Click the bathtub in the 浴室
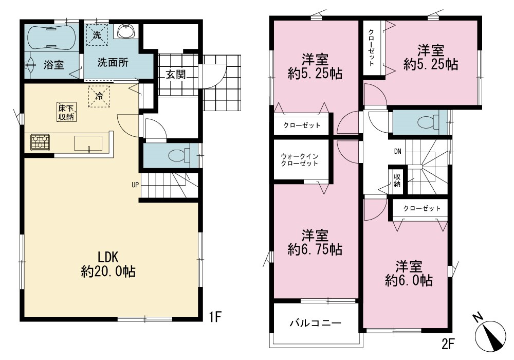52,38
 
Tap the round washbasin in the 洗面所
126,32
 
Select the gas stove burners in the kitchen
40,142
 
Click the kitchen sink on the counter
88,143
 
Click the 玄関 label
175,74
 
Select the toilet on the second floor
429,122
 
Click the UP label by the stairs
135,185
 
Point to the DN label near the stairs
398,151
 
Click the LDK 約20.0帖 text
108,264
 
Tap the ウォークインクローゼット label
299,160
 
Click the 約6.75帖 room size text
315,249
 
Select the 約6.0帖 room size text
409,280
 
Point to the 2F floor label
448,344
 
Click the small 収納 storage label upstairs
397,180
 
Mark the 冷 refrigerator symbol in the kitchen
99,96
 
